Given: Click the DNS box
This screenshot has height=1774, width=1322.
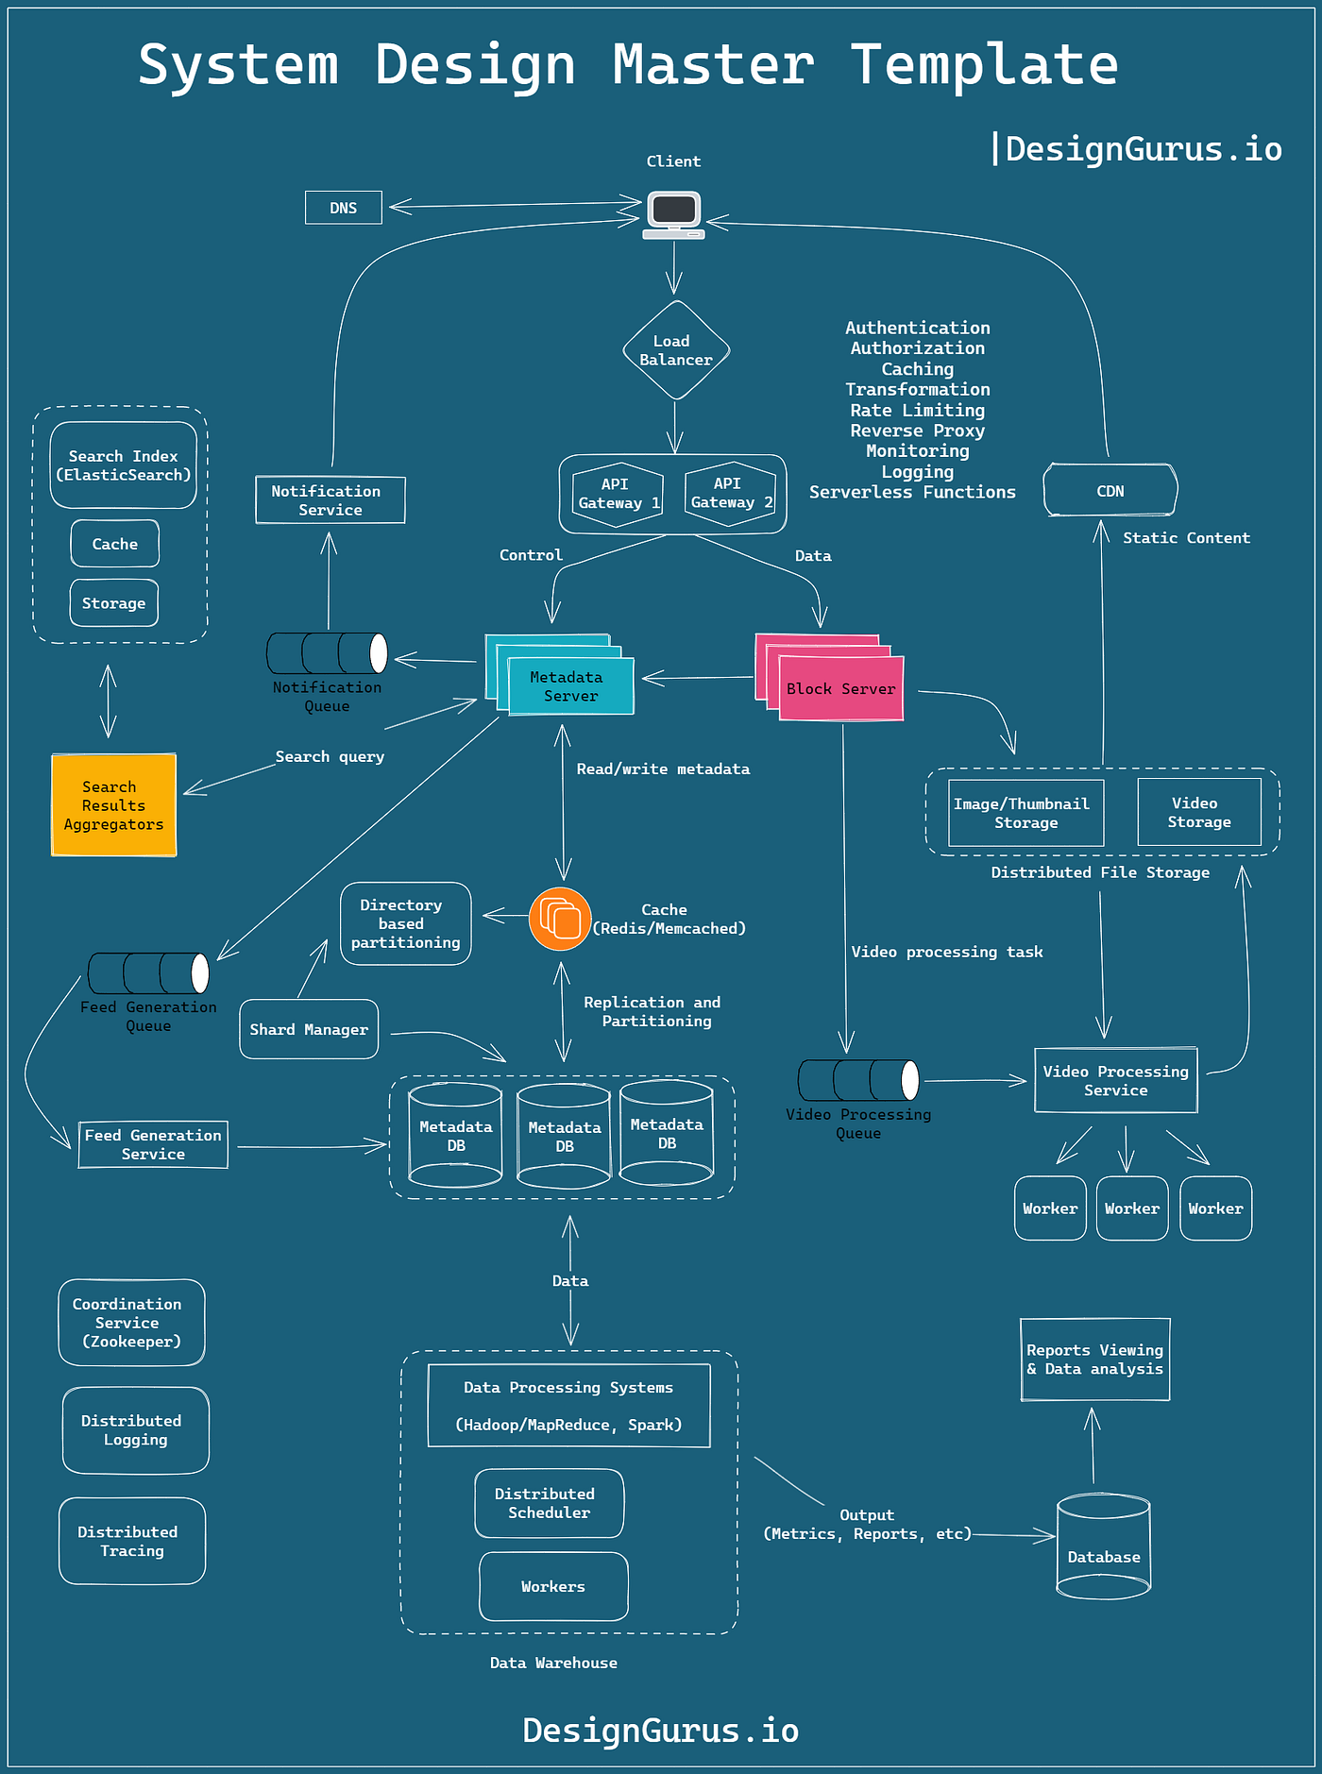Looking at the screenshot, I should [344, 208].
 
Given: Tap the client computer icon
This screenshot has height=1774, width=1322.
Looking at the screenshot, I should [673, 214].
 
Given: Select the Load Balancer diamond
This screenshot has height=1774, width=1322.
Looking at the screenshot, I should [675, 350].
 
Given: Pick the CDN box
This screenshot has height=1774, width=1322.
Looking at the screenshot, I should [1110, 491].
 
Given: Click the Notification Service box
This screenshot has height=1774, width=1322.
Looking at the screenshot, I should [330, 500].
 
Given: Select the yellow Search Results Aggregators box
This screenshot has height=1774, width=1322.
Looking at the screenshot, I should [113, 805].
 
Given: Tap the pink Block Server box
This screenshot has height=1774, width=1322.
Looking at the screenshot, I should [840, 689].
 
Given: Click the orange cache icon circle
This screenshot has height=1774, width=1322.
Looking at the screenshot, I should [560, 919].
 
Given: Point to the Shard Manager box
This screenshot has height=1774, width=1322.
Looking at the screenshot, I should [309, 1029].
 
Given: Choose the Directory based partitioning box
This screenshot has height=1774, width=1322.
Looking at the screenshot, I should [406, 923].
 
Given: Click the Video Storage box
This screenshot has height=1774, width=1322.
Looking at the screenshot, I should [1198, 812].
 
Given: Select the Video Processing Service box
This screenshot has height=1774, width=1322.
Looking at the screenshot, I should [1115, 1080].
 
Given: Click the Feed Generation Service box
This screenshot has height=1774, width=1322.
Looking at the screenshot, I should [153, 1144].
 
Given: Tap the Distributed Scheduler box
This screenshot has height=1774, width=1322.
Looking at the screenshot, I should [549, 1503].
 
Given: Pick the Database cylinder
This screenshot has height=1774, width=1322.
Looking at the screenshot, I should [1103, 1548].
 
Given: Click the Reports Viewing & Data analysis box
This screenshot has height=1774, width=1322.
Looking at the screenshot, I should [1094, 1360].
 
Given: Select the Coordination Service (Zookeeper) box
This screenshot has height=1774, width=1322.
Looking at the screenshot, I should [131, 1323].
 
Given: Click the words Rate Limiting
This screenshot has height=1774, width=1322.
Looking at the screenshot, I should [917, 410].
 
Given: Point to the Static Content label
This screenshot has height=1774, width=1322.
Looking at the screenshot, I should [1186, 538].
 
